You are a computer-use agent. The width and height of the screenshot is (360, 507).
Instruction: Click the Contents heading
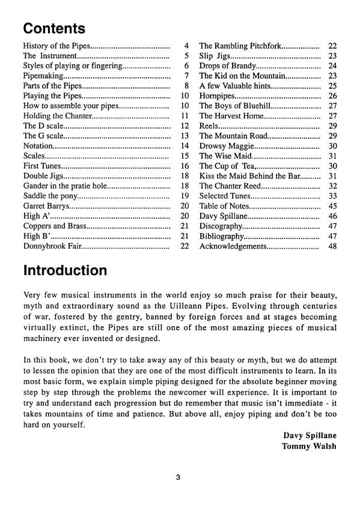tap(54, 29)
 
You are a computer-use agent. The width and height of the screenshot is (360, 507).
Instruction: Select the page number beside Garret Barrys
tap(185, 206)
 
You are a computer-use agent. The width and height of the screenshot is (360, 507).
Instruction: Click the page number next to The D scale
tap(185, 126)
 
